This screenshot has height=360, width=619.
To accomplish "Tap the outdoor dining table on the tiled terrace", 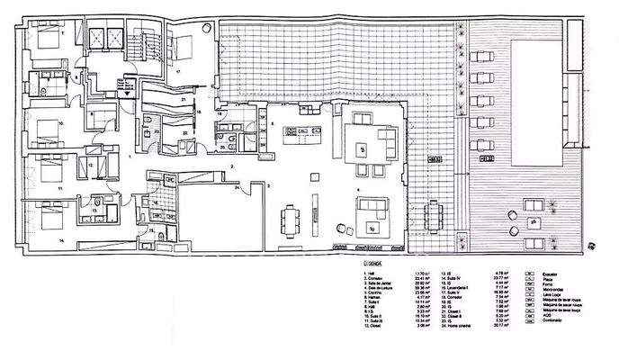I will (435, 215).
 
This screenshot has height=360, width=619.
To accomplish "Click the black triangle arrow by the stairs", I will (128, 92).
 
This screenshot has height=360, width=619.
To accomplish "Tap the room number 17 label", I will (178, 70).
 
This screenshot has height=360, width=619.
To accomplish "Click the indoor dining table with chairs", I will (291, 219).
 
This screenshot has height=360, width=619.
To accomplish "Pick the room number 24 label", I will (238, 187).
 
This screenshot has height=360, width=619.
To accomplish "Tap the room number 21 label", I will (183, 99).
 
